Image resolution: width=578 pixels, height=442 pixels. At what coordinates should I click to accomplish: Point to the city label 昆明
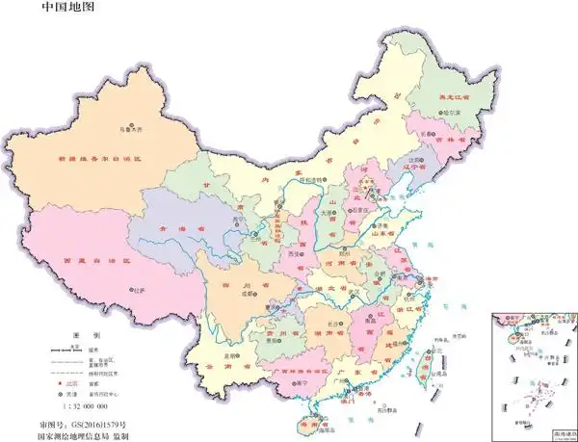tap(229, 355)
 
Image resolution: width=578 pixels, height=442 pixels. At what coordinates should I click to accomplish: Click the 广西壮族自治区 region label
tap(297, 370)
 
